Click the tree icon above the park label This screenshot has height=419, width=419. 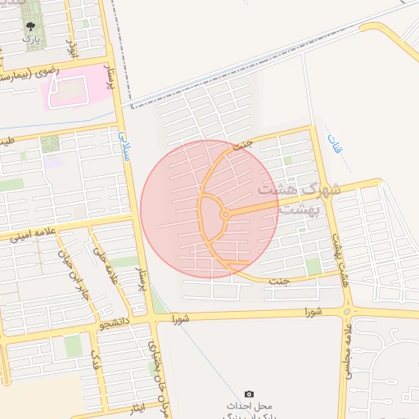click(30, 26)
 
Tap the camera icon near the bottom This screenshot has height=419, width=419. click(250, 394)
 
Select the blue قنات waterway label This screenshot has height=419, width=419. click(333, 147)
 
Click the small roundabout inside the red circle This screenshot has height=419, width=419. click(225, 214)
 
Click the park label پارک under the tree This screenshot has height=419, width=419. click(30, 38)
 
